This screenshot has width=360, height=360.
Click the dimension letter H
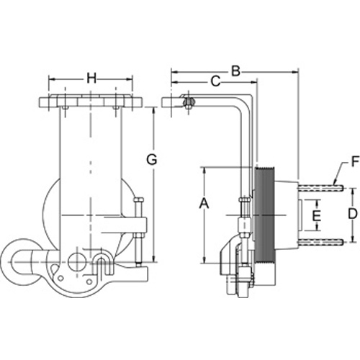tap(91, 78)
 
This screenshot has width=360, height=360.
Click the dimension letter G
tap(152, 159)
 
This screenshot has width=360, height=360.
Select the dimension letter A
tap(204, 204)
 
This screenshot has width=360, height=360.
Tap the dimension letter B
tap(235, 71)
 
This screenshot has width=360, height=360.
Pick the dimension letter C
tap(215, 81)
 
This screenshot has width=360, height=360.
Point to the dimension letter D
tap(353, 214)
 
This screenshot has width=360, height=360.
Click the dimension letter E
tap(317, 215)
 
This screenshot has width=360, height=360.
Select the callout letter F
tap(355, 161)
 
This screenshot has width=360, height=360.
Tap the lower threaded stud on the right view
tap(320, 242)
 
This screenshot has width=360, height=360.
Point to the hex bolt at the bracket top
tap(189, 103)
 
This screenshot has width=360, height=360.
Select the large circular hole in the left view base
tap(77, 262)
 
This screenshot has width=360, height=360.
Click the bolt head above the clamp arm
tap(139, 199)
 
